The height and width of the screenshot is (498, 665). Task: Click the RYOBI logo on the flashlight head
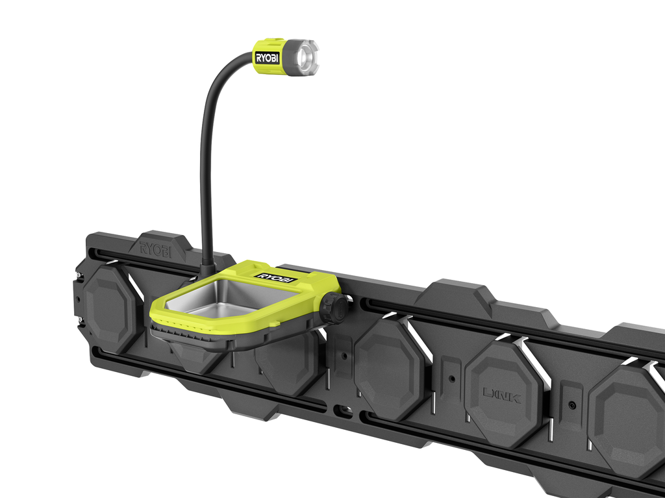tap(267, 58)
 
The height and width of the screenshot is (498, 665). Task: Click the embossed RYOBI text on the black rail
tap(156, 249)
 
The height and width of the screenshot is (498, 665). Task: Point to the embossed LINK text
tap(502, 395)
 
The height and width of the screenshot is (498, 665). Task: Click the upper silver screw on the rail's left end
tap(79, 276)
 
